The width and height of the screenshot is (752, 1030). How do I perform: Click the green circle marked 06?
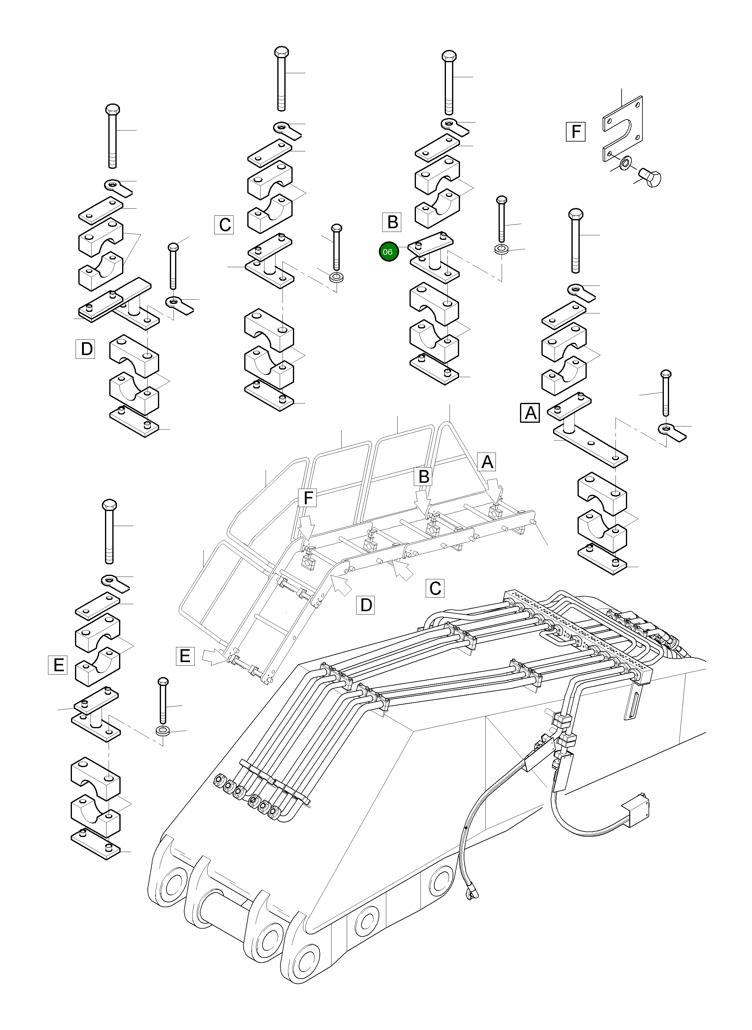pos(388,252)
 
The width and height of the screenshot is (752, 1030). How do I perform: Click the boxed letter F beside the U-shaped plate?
pos(576,132)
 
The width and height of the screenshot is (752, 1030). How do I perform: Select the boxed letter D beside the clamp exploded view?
pos(86,349)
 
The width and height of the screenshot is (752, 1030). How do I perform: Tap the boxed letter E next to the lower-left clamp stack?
pos(58,665)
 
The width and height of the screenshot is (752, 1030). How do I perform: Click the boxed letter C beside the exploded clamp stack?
pos(224,225)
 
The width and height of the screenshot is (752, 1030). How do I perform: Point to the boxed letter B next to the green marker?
pos(392,222)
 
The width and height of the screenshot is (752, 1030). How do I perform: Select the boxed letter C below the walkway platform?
pos(435,588)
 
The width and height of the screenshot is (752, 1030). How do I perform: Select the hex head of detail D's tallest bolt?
pos(112,109)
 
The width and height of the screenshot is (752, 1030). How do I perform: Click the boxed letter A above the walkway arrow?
pos(487,462)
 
